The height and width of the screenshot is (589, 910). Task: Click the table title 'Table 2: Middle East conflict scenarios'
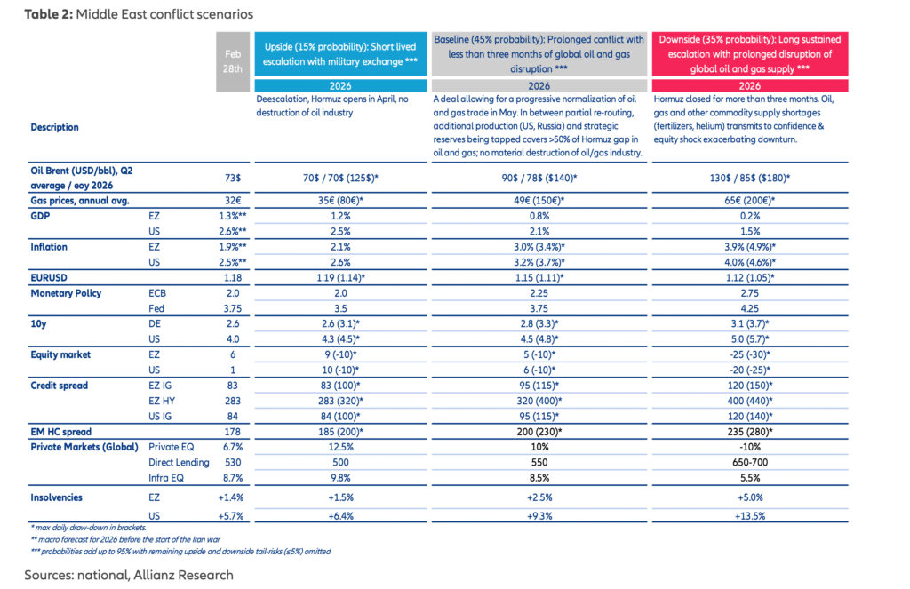coord(126,14)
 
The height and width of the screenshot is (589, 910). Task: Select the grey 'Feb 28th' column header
coord(233,61)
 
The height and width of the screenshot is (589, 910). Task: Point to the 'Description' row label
coord(55,127)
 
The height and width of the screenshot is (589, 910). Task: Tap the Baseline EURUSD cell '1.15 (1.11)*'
coord(539,277)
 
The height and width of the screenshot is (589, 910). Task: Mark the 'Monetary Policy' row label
coord(67,293)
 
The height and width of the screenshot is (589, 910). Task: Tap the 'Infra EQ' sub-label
coord(167,478)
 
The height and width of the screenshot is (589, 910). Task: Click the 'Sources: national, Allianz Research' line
coord(129,575)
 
